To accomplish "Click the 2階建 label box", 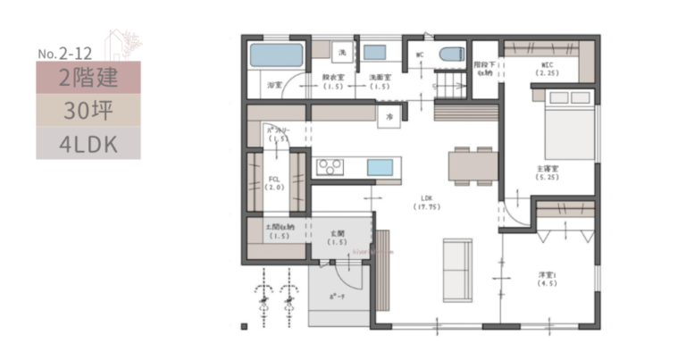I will pyautogui.click(x=88, y=78).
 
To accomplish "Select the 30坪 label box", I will pyautogui.click(x=88, y=110).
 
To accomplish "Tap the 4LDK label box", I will pyautogui.click(x=88, y=143).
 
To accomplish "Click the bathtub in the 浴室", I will pyautogui.click(x=277, y=55).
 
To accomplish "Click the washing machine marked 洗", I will pyautogui.click(x=341, y=53).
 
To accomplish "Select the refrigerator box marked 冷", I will pyautogui.click(x=390, y=116).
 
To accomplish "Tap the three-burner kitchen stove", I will pyautogui.click(x=330, y=166).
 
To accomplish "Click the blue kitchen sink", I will pyautogui.click(x=380, y=167).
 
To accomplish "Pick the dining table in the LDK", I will pyautogui.click(x=473, y=164).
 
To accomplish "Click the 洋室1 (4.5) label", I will pyautogui.click(x=547, y=278).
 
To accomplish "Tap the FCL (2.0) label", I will pyautogui.click(x=275, y=183).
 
